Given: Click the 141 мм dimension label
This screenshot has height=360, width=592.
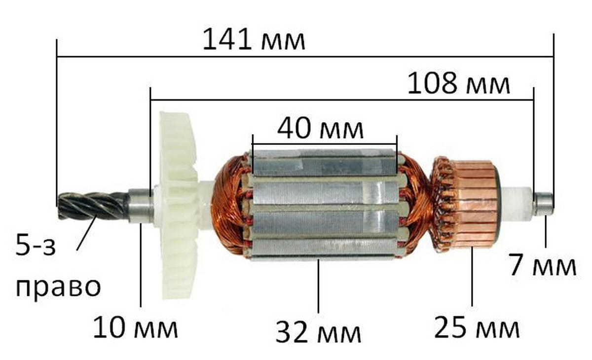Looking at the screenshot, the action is coord(254,40).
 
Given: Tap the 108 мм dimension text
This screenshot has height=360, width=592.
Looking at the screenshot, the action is coord(458,83).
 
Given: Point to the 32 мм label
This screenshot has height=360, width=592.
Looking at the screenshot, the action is coord(318,332).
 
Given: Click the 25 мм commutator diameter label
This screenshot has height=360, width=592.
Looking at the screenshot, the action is coord(477,327).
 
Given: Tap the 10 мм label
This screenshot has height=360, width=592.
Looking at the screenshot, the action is coord(135,328).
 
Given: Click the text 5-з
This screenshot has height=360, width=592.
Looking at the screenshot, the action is coord(36,246).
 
